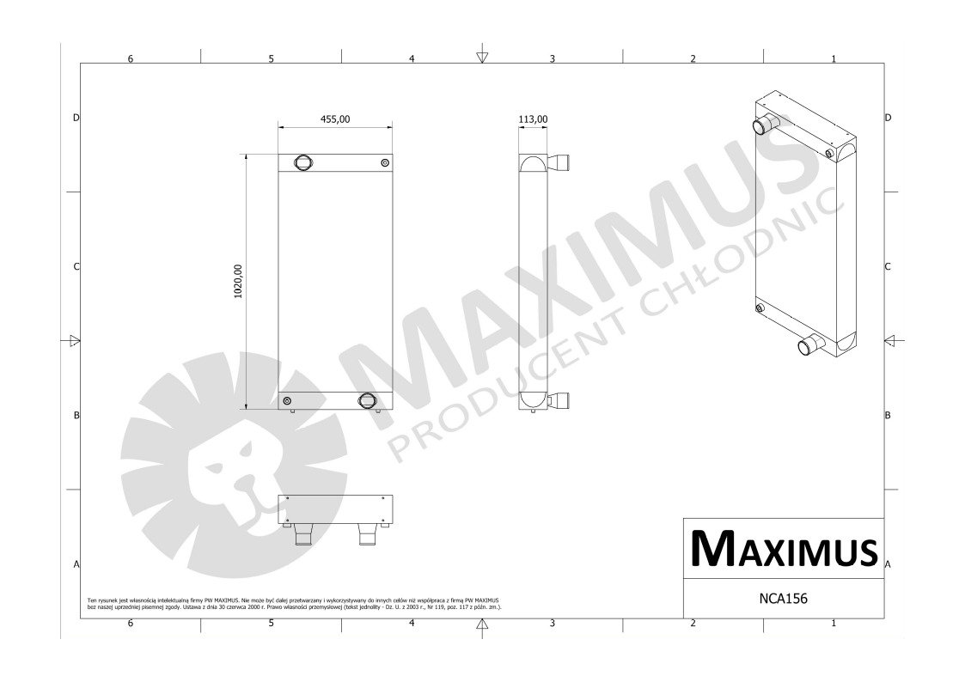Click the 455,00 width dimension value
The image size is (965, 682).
tap(335, 119)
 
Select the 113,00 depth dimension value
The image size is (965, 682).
tap(534, 119)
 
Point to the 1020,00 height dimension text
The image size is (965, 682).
tap(238, 281)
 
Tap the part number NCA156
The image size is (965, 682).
tap(783, 594)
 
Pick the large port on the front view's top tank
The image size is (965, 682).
tap(303, 162)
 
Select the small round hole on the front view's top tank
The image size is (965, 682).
tap(384, 162)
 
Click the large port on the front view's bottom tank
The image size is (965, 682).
tap(368, 400)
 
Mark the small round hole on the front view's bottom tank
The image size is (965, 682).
tap(287, 401)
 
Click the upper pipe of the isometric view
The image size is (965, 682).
tap(762, 125)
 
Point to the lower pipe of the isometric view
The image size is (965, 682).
tap(809, 346)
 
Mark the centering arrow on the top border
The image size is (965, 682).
tap(482, 58)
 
